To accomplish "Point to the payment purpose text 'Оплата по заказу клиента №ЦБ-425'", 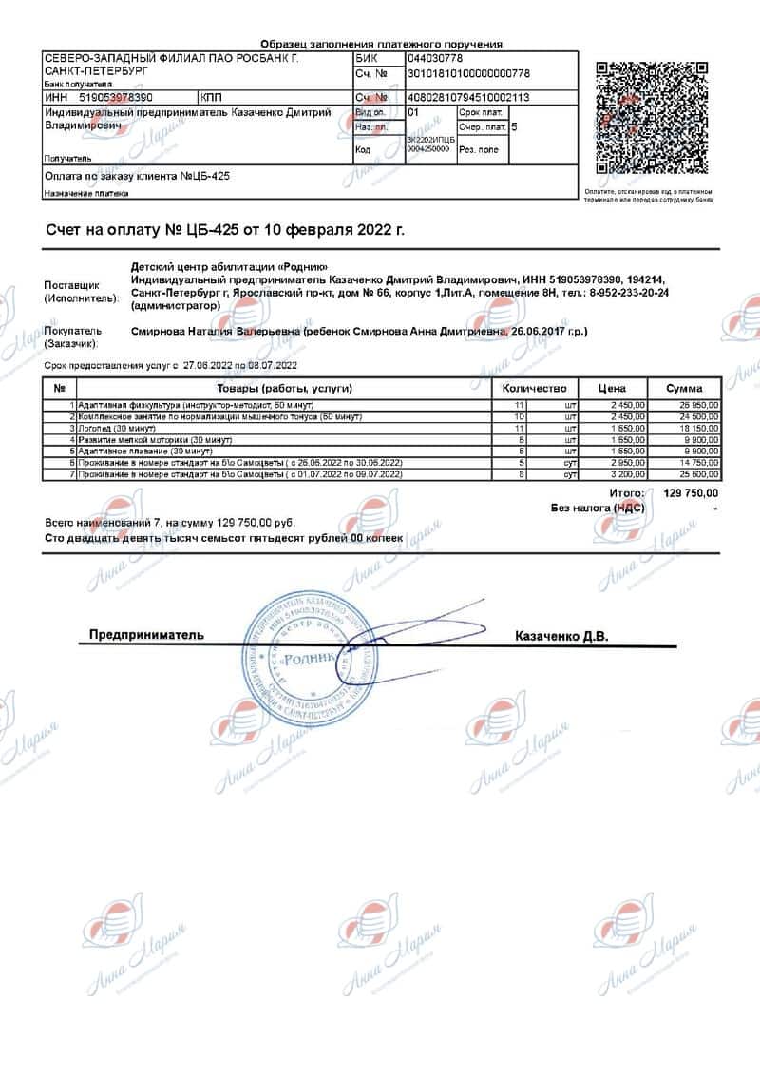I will click(138, 177).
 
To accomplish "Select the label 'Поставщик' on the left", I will click(71, 285).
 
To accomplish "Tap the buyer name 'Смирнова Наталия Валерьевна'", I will click(215, 332).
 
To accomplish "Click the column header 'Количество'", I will click(534, 388).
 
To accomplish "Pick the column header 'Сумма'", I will click(684, 388).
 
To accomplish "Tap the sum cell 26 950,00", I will click(699, 405).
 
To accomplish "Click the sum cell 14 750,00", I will click(699, 462).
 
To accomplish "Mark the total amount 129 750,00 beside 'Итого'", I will click(690, 493).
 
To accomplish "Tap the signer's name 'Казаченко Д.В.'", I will click(560, 635).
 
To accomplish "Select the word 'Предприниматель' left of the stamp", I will click(146, 634).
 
